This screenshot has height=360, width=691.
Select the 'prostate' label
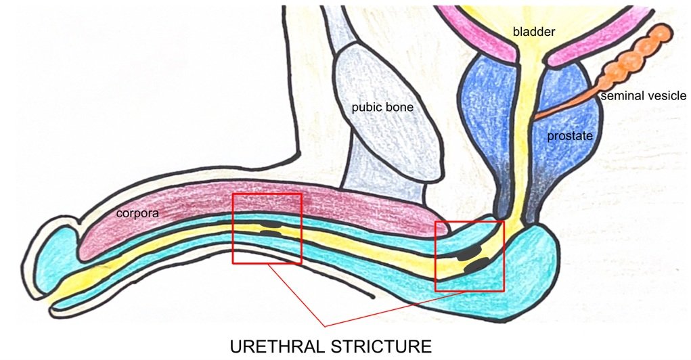[570, 137]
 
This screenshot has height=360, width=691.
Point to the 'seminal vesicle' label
[643, 97]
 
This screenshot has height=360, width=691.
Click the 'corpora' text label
[137, 212]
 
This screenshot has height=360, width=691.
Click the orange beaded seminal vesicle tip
[660, 34]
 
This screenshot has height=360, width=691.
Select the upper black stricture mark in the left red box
[270, 223]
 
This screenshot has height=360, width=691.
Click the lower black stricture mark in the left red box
[271, 233]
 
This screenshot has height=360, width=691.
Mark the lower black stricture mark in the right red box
[478, 266]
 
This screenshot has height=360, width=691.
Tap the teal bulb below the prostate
[528, 271]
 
